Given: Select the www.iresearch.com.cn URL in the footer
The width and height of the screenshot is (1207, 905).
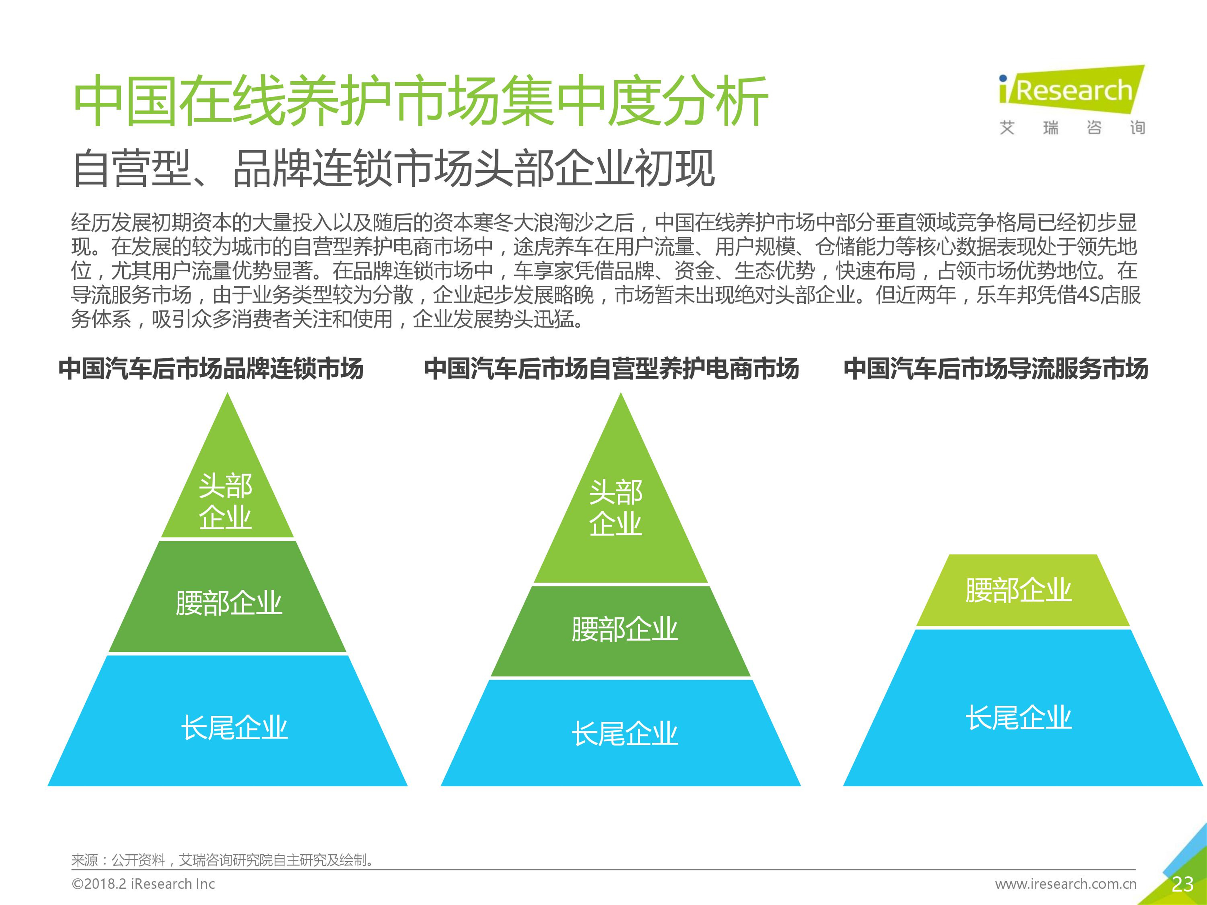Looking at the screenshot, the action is pyautogui.click(x=1066, y=884).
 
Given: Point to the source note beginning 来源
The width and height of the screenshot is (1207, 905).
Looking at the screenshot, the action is pyautogui.click(x=223, y=860).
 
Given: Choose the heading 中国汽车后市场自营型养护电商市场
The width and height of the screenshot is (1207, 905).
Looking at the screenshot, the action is pyautogui.click(x=612, y=368).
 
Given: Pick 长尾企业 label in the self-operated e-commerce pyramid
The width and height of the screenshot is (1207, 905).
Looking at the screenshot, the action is pyautogui.click(x=625, y=734).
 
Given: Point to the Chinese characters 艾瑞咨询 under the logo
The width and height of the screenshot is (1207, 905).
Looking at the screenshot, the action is pyautogui.click(x=1072, y=128).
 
